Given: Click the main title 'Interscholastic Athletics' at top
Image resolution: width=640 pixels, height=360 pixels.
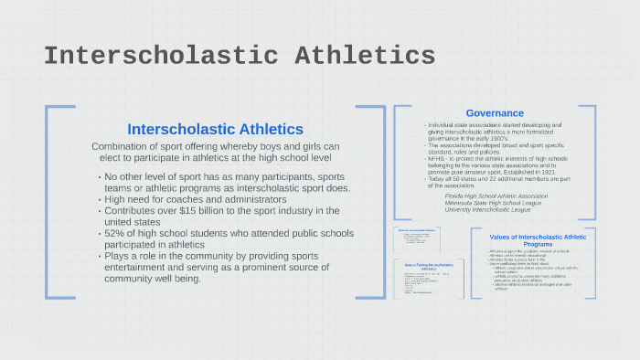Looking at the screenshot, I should coord(240,56).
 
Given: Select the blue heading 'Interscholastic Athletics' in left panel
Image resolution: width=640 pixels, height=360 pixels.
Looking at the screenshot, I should coord(215,129).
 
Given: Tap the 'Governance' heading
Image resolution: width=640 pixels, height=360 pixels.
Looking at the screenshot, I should coord(495,113).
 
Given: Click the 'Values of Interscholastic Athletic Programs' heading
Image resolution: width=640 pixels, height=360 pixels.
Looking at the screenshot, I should coord(537,240).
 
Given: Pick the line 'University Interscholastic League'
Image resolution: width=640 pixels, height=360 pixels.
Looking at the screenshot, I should coord(487,209).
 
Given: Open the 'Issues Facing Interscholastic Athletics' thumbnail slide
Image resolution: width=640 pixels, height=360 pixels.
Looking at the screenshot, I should coord(429,278).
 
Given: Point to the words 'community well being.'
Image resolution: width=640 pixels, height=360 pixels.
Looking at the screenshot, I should coord(153,279).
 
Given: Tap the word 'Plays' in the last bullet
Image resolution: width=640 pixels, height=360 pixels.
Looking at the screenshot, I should coord(119,257).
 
